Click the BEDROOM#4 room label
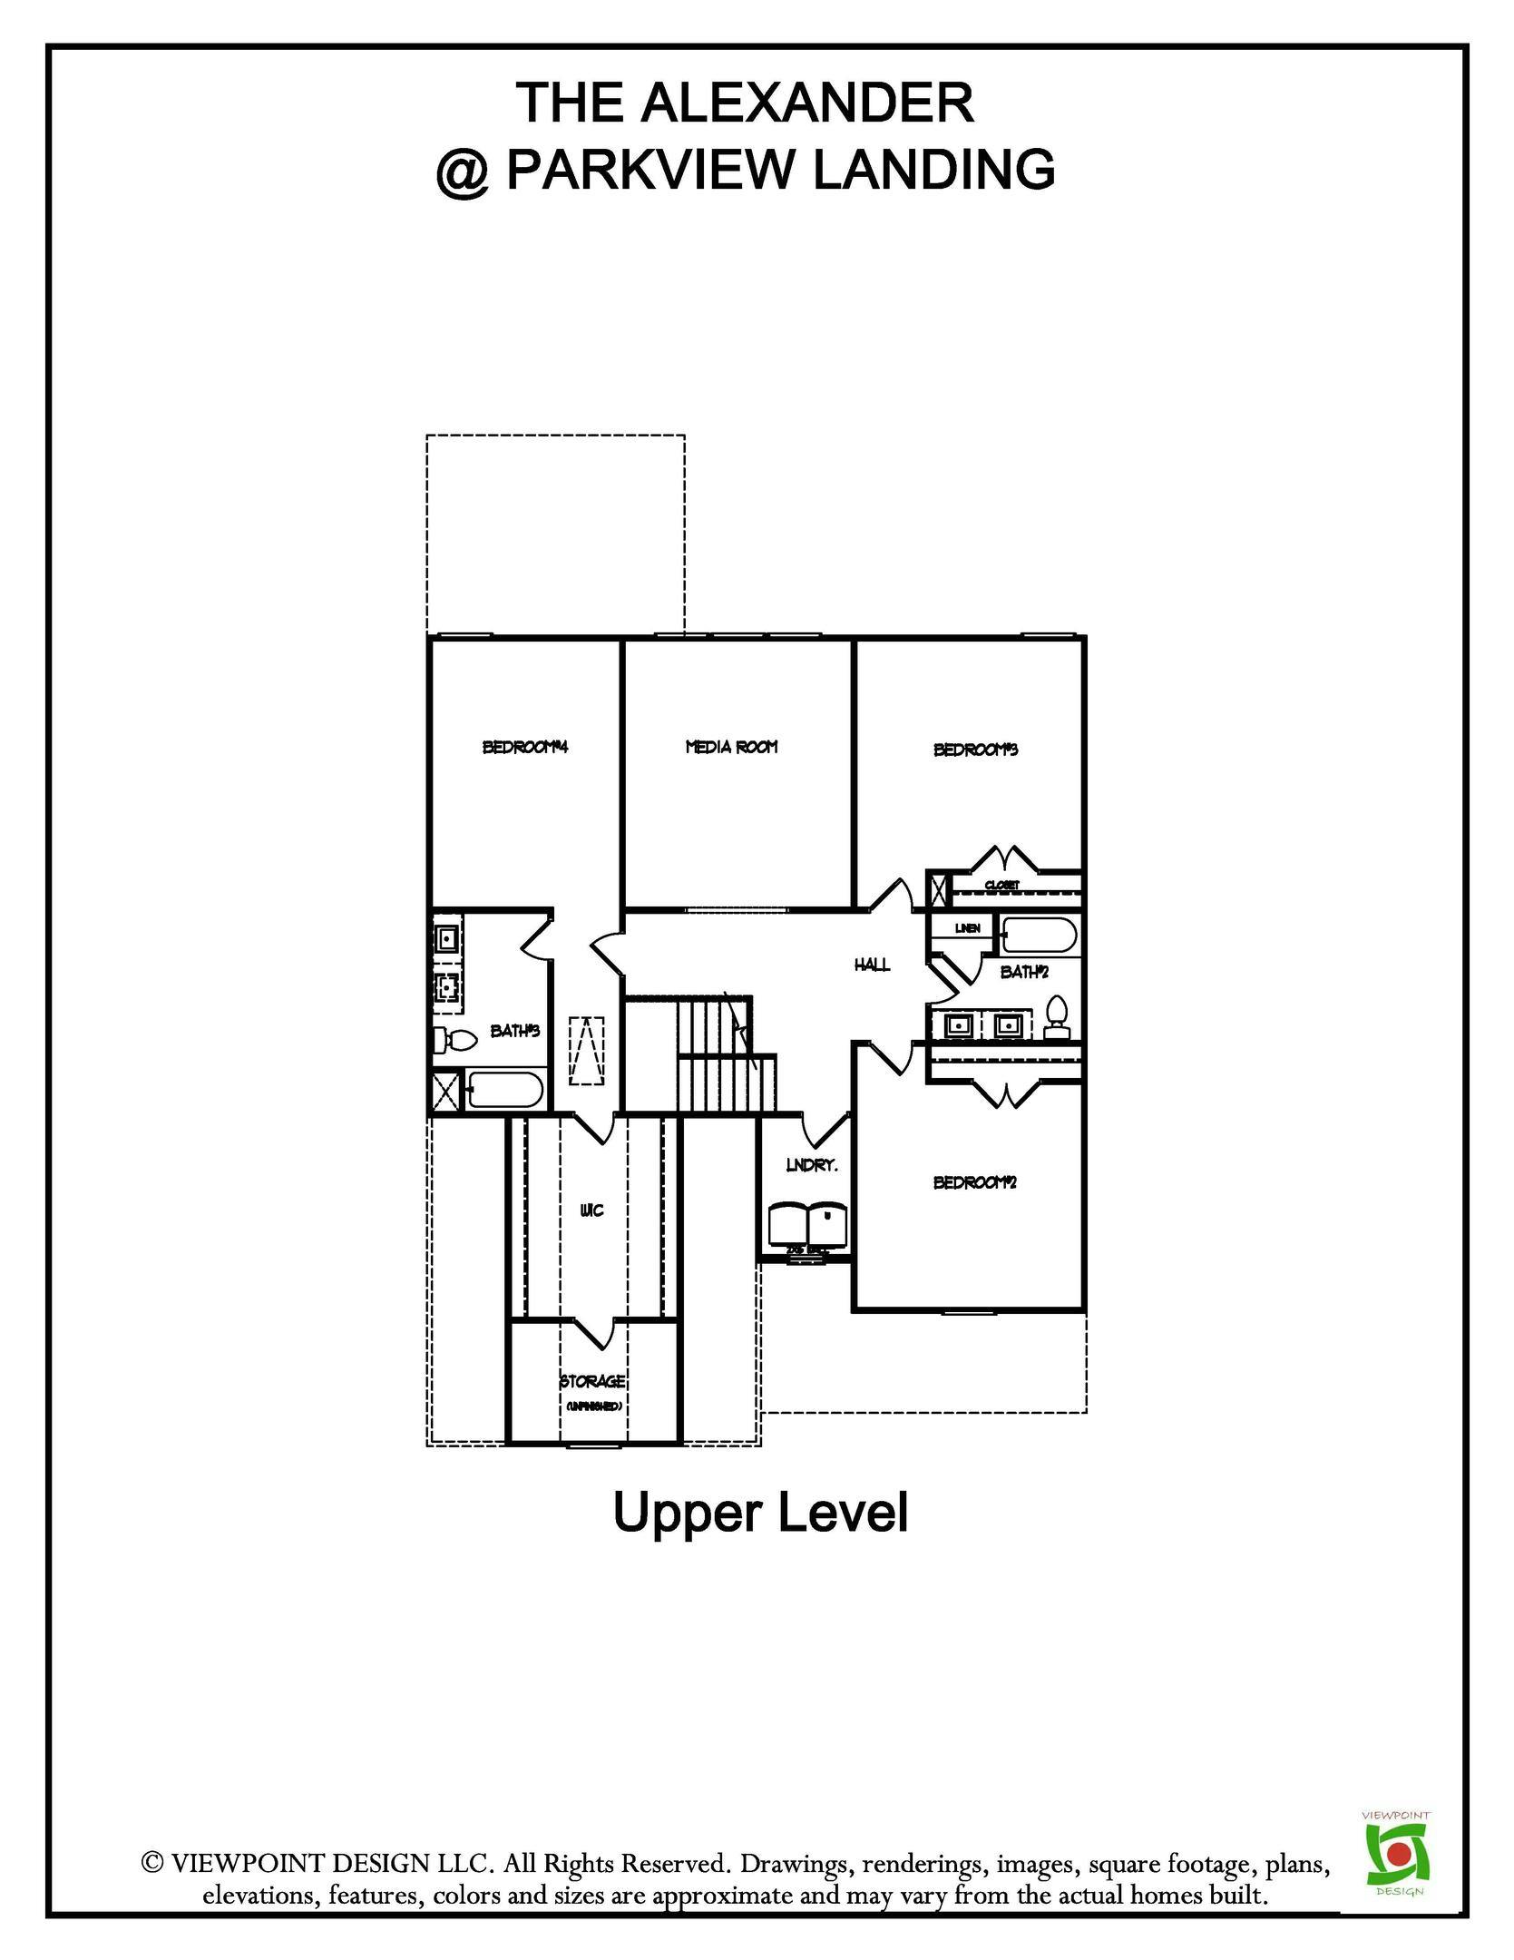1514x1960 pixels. coord(524,748)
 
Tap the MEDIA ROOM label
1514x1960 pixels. coord(731,747)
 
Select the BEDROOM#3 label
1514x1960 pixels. coord(976,750)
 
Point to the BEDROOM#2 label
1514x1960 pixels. coord(975,1182)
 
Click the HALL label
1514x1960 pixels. coord(872,965)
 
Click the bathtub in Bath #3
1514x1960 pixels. coord(503,1090)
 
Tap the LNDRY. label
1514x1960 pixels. coord(811,1165)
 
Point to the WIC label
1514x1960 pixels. coord(591,1210)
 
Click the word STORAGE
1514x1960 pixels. coord(592,1381)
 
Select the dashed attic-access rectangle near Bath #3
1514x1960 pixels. coord(587,1051)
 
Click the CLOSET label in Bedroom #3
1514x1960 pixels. coord(1002,885)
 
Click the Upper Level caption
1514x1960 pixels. coord(760,1513)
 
